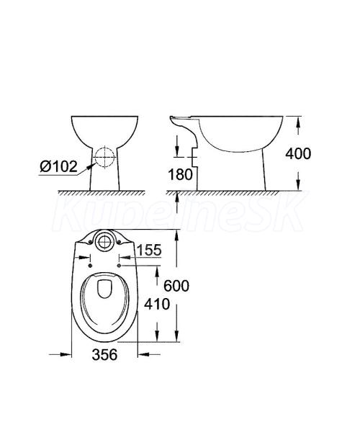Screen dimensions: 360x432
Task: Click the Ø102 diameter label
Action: [x=58, y=166]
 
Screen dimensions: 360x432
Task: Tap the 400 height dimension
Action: [x=298, y=153]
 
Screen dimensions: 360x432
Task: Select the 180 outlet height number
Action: [x=181, y=174]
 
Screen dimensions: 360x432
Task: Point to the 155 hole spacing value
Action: [x=149, y=250]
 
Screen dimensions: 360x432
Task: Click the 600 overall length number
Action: [x=176, y=286]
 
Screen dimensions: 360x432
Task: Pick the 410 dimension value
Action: [x=157, y=304]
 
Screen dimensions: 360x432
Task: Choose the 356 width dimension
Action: [x=104, y=354]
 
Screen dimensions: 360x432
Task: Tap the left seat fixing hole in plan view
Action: [x=90, y=265]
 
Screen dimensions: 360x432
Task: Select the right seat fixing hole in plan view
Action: [x=119, y=265]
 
